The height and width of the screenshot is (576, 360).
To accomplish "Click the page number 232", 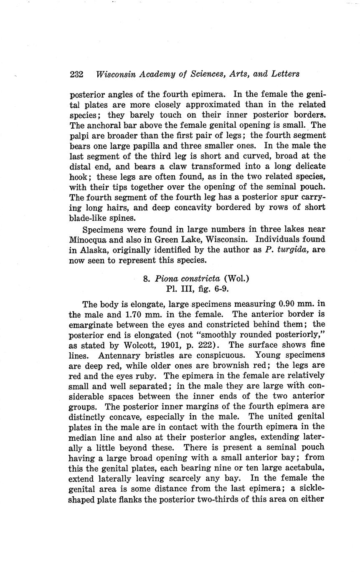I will [x=77, y=74].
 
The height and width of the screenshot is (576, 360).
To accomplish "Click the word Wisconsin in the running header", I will [x=116, y=74].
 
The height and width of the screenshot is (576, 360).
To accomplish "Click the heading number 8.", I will [x=146, y=278].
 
